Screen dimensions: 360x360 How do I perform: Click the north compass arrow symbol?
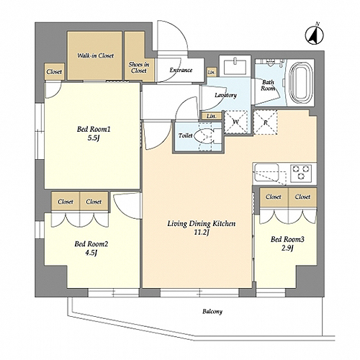point(315,35)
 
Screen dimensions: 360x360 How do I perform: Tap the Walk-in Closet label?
point(95,55)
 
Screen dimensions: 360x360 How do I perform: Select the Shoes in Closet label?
point(139,68)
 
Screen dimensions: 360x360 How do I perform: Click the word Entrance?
point(181,70)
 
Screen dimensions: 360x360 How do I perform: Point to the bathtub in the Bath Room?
point(301,83)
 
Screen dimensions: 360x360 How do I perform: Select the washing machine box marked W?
point(235,122)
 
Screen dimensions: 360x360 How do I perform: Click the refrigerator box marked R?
point(265,122)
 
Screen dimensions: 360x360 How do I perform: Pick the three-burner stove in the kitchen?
point(301,172)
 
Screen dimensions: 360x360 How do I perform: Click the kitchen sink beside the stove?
point(266,172)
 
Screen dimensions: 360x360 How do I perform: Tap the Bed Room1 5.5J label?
point(94,133)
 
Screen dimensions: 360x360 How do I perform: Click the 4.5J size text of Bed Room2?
point(91,253)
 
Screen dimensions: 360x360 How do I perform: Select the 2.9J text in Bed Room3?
point(287,248)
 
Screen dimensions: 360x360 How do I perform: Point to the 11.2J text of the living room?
point(202,232)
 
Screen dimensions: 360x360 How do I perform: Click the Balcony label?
point(212,312)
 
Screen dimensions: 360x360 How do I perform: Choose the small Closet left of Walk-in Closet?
point(54,71)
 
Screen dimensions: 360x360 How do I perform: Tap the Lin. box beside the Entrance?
point(212,72)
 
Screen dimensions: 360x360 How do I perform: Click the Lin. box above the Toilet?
point(212,116)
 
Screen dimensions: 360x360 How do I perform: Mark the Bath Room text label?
point(268,85)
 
